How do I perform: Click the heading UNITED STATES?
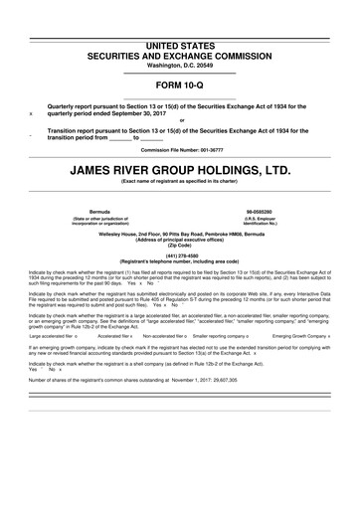tap(180, 47)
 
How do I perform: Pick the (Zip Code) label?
tap(180, 244)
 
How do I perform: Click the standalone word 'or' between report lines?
tap(180, 121)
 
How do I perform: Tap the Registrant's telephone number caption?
tap(180, 259)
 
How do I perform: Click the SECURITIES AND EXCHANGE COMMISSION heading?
tap(180, 57)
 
